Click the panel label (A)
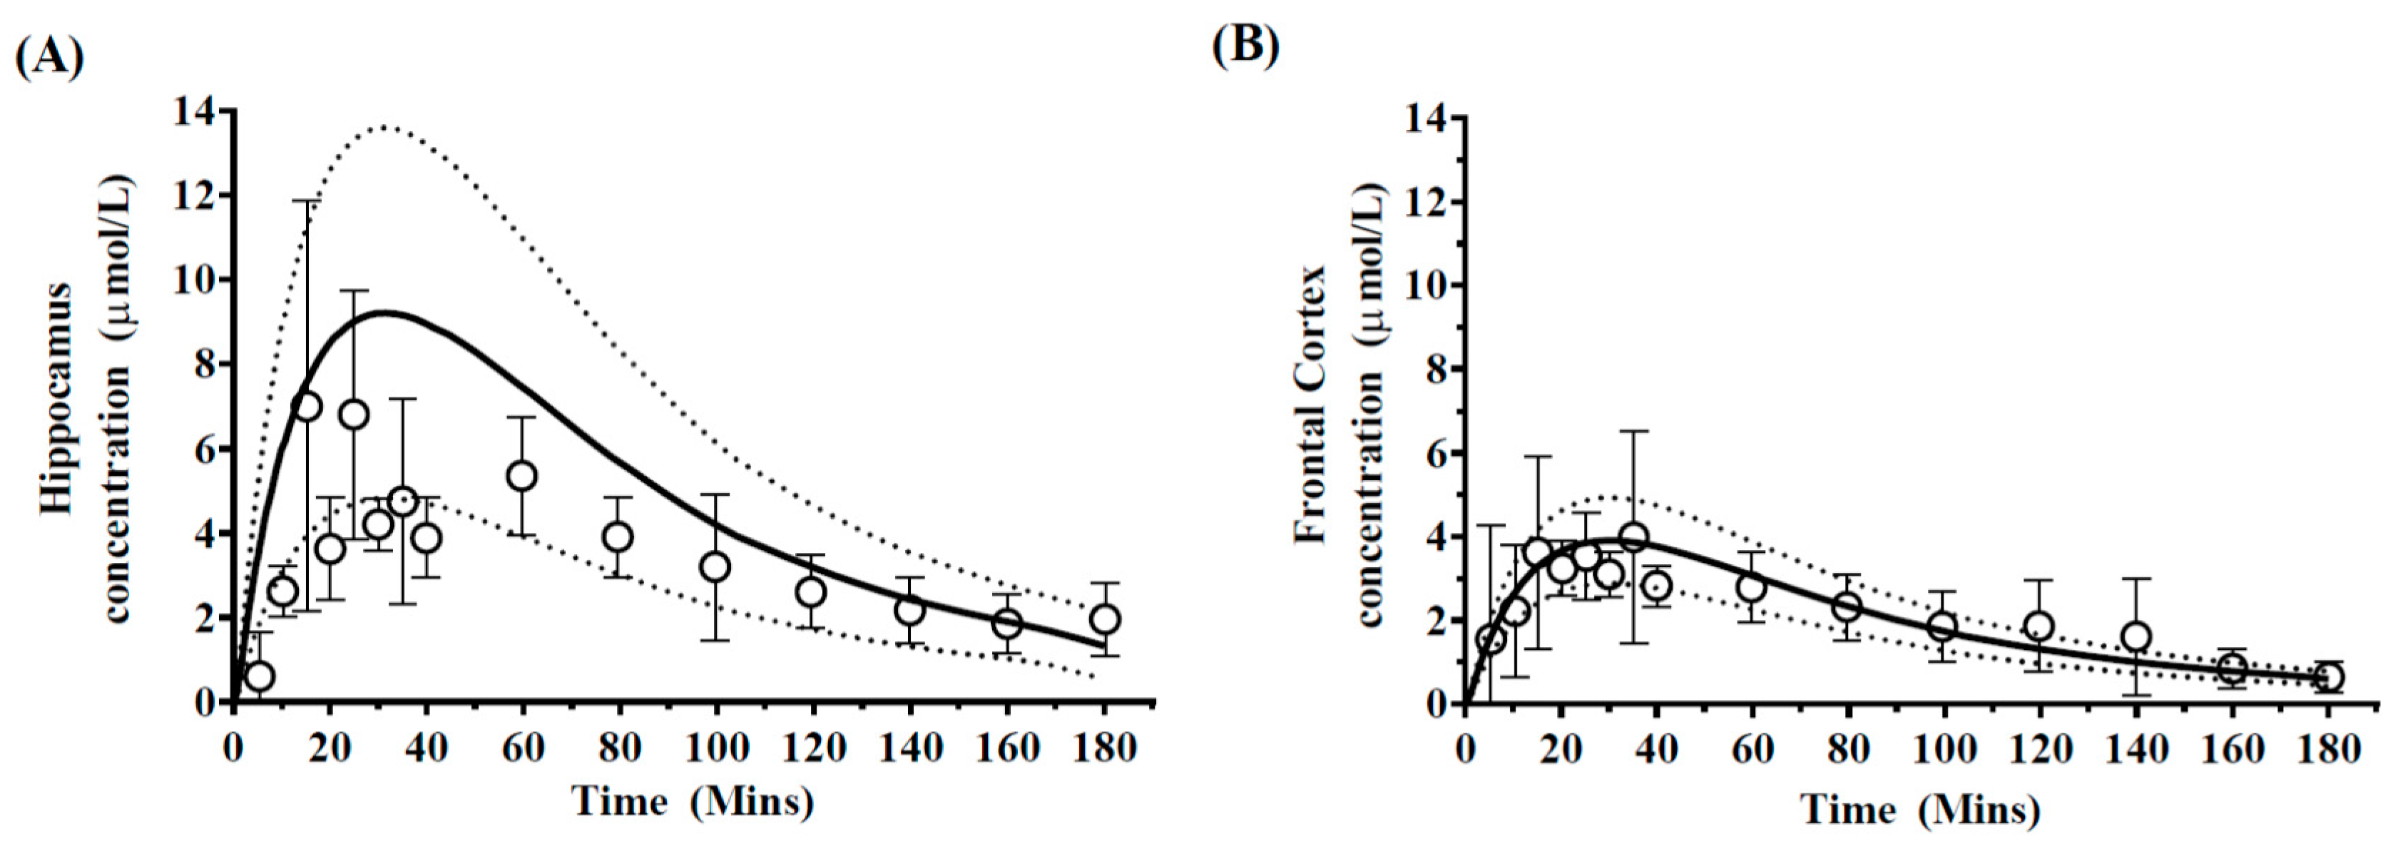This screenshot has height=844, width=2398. pos(49,57)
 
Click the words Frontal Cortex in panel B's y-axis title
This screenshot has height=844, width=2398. pos(1311,403)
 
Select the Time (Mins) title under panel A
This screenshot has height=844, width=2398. pos(693,800)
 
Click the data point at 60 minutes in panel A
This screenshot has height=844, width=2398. pos(522,476)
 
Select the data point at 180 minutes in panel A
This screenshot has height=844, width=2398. pos(1104,619)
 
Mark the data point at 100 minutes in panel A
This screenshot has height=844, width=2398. pos(715,566)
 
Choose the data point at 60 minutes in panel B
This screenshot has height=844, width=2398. pos(1752,588)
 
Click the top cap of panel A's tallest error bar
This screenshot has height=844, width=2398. pos(306,200)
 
